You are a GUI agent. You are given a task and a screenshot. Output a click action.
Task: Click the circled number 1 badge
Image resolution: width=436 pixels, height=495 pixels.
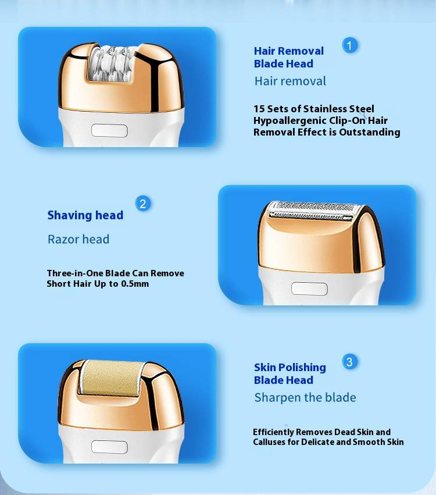coord(349,45)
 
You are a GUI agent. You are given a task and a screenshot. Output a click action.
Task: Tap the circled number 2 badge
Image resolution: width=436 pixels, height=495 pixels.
coord(142,204)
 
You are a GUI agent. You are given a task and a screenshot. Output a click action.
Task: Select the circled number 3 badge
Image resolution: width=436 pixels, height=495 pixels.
coord(349,362)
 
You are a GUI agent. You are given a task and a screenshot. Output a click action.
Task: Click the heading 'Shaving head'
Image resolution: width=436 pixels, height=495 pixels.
coord(85,215)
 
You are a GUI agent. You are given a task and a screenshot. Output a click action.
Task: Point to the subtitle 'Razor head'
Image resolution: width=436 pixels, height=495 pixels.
coord(78,239)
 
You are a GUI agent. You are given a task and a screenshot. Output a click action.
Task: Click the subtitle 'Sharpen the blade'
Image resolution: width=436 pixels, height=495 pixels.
coord(305,397)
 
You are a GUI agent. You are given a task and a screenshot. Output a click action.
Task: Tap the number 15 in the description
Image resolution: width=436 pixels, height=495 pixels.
coord(259,109)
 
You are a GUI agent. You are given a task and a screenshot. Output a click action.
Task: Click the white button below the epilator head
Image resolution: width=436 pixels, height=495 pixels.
coord(109,130)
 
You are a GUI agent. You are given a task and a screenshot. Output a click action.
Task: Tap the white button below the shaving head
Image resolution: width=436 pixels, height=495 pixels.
coord(309,289)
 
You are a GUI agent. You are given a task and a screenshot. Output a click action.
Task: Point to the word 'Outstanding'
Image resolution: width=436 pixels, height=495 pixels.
coord(369,132)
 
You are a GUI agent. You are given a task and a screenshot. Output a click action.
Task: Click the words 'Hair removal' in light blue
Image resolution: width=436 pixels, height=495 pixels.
coord(290,81)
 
